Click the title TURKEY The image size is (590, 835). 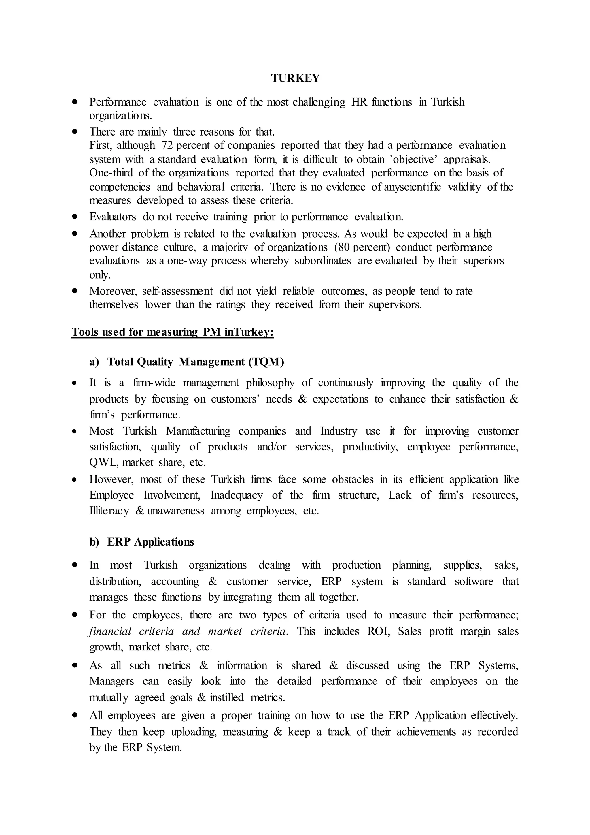pos(295,78)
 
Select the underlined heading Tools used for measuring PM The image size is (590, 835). pos(172,332)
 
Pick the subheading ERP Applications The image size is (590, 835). pos(150,542)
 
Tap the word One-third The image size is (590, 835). pos(111,173)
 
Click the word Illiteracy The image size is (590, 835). pos(109,511)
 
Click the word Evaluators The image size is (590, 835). pos(113,217)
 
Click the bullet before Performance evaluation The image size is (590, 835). pos(75,102)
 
